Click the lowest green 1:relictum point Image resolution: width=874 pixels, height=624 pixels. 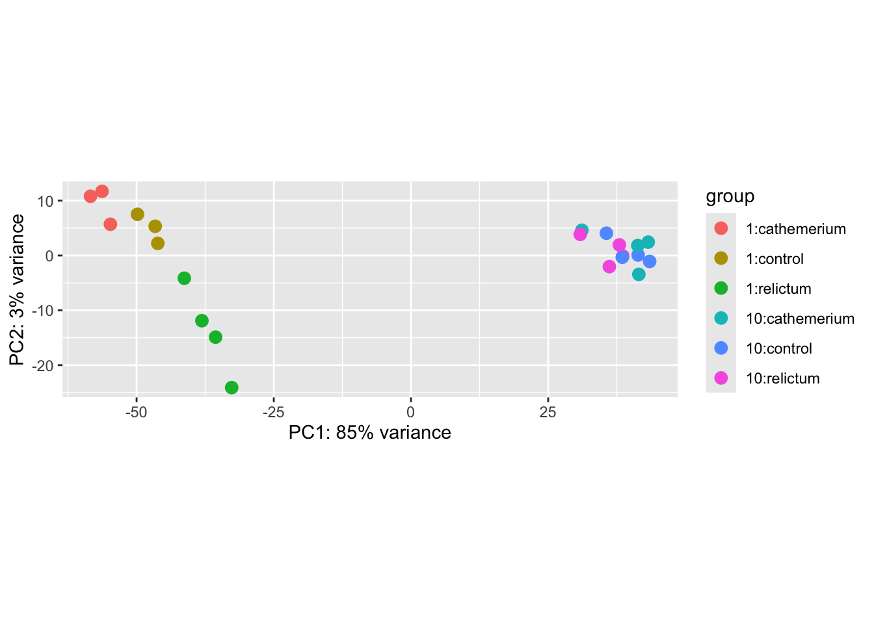tap(232, 387)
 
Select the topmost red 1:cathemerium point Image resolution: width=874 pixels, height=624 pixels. tap(102, 191)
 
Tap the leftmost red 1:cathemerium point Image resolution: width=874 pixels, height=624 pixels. tap(90, 196)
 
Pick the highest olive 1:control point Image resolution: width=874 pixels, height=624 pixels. tap(137, 214)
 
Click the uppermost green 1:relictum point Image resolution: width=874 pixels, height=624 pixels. tap(184, 278)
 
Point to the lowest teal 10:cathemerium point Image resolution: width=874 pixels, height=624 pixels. tap(639, 274)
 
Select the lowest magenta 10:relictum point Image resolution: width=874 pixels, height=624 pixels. tap(609, 266)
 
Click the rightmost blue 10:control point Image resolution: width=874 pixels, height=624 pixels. tap(650, 261)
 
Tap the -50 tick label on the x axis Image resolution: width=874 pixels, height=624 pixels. tap(136, 412)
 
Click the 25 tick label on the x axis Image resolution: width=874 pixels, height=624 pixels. tap(548, 412)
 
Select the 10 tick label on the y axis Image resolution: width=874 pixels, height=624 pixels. tap(45, 201)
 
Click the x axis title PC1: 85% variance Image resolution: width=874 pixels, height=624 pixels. tap(369, 433)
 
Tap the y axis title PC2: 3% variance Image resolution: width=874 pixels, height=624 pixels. tap(18, 289)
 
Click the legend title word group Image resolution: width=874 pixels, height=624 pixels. tap(730, 196)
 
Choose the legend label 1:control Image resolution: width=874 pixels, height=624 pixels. tap(775, 259)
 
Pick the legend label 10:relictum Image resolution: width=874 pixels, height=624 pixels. tap(782, 378)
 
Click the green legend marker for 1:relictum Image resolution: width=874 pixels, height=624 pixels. tap(721, 288)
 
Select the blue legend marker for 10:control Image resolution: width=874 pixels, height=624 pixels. tap(721, 348)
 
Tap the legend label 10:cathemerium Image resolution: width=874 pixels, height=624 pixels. tap(800, 318)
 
